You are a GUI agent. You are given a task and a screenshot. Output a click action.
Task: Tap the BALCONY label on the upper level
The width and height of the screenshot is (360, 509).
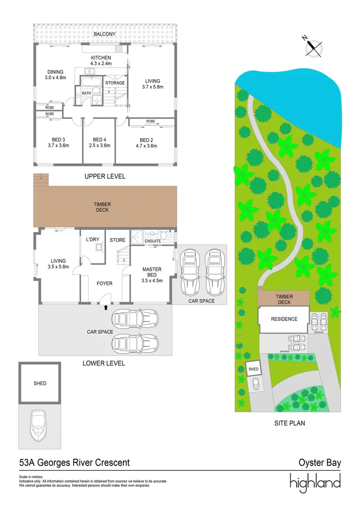click(x=105, y=34)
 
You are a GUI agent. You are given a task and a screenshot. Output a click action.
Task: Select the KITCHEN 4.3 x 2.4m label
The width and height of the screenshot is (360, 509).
click(x=101, y=60)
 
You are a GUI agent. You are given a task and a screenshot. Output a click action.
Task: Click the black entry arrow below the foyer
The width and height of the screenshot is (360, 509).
click(x=106, y=307)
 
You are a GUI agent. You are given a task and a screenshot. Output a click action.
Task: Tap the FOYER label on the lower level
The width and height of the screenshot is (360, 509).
click(x=104, y=284)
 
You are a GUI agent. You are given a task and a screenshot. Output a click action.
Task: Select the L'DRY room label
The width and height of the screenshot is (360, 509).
click(x=92, y=240)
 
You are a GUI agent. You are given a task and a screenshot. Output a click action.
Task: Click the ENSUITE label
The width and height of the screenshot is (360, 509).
click(x=153, y=241)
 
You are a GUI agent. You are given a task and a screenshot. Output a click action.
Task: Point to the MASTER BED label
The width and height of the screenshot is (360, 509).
click(x=152, y=272)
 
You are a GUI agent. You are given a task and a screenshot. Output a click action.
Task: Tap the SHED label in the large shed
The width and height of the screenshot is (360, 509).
click(x=40, y=383)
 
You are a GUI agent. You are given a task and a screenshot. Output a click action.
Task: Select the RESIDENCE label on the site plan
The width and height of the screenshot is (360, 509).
click(x=284, y=319)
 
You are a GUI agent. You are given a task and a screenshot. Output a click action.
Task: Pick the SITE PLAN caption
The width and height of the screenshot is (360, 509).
click(x=290, y=423)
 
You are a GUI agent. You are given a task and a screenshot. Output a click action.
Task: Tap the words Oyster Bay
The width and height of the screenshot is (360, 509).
click(x=319, y=463)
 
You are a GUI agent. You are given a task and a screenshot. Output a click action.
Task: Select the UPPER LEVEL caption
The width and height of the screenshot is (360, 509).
click(x=105, y=176)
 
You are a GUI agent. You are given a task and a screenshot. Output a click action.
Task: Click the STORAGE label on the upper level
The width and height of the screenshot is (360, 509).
click(x=115, y=83)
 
